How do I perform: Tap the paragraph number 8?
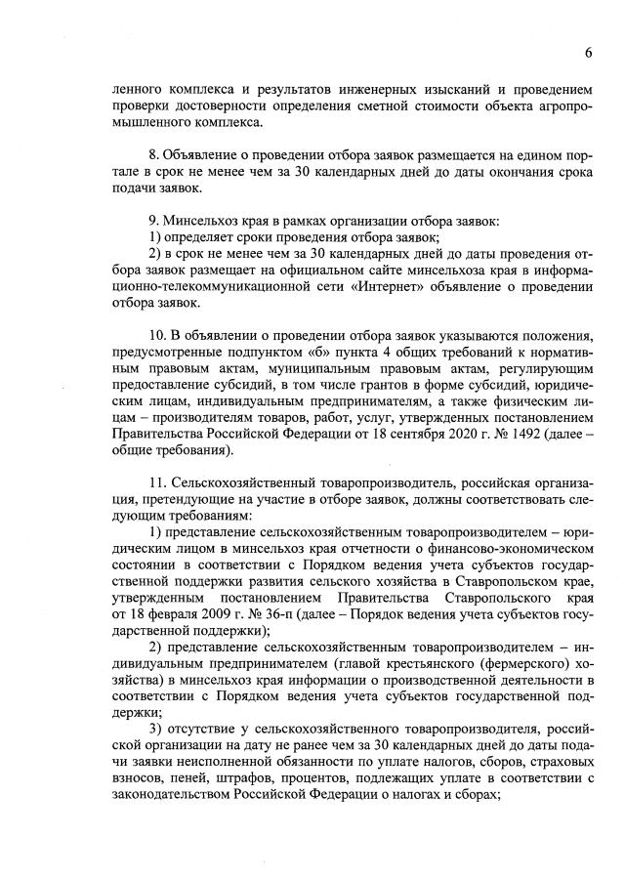pos(152,156)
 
